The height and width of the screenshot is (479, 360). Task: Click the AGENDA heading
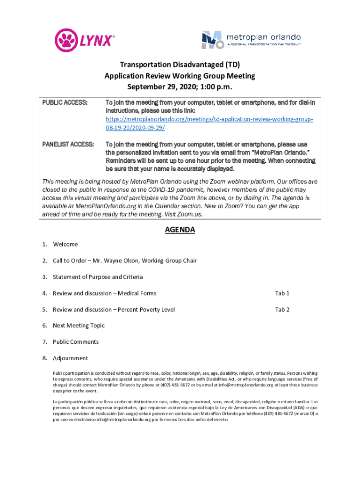[180, 230]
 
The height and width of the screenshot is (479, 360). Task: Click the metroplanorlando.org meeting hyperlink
[209, 123]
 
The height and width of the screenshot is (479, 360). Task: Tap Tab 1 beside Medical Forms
[282, 293]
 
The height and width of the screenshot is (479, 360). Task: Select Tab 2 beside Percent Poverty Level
[282, 310]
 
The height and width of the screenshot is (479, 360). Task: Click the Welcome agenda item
[65, 244]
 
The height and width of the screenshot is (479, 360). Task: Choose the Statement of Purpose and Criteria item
[98, 277]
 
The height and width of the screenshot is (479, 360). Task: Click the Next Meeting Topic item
[79, 326]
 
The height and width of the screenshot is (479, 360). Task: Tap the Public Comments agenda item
[76, 342]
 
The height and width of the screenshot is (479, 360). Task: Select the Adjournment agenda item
[70, 358]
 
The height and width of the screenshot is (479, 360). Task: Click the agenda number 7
[44, 342]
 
